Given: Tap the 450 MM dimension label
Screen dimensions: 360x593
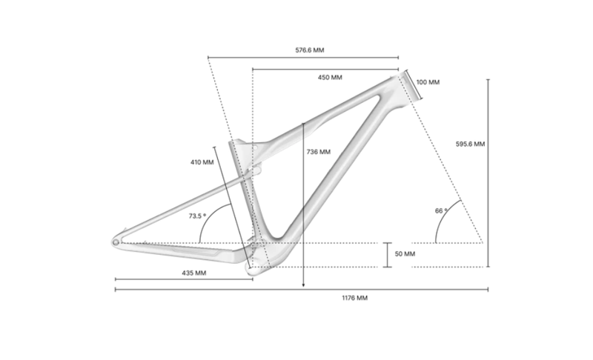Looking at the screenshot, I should pos(330,77).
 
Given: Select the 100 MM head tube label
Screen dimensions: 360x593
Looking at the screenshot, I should pos(428,81).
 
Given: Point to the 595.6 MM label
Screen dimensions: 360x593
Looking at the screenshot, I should pos(471,144).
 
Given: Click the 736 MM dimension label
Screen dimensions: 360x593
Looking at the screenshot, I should pos(318,152).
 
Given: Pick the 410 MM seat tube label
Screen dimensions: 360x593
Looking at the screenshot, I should pos(202,161).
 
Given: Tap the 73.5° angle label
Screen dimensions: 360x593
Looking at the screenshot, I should pos(196,216).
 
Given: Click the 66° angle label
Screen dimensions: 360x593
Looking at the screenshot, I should pos(441,211).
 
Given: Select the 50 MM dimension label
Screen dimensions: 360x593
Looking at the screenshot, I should pos(405,254).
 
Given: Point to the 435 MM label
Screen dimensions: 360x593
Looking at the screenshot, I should pos(194,273).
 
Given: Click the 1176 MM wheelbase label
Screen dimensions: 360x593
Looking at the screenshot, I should pos(354,298).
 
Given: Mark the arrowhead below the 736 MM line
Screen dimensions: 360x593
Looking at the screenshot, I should pos(304,284).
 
